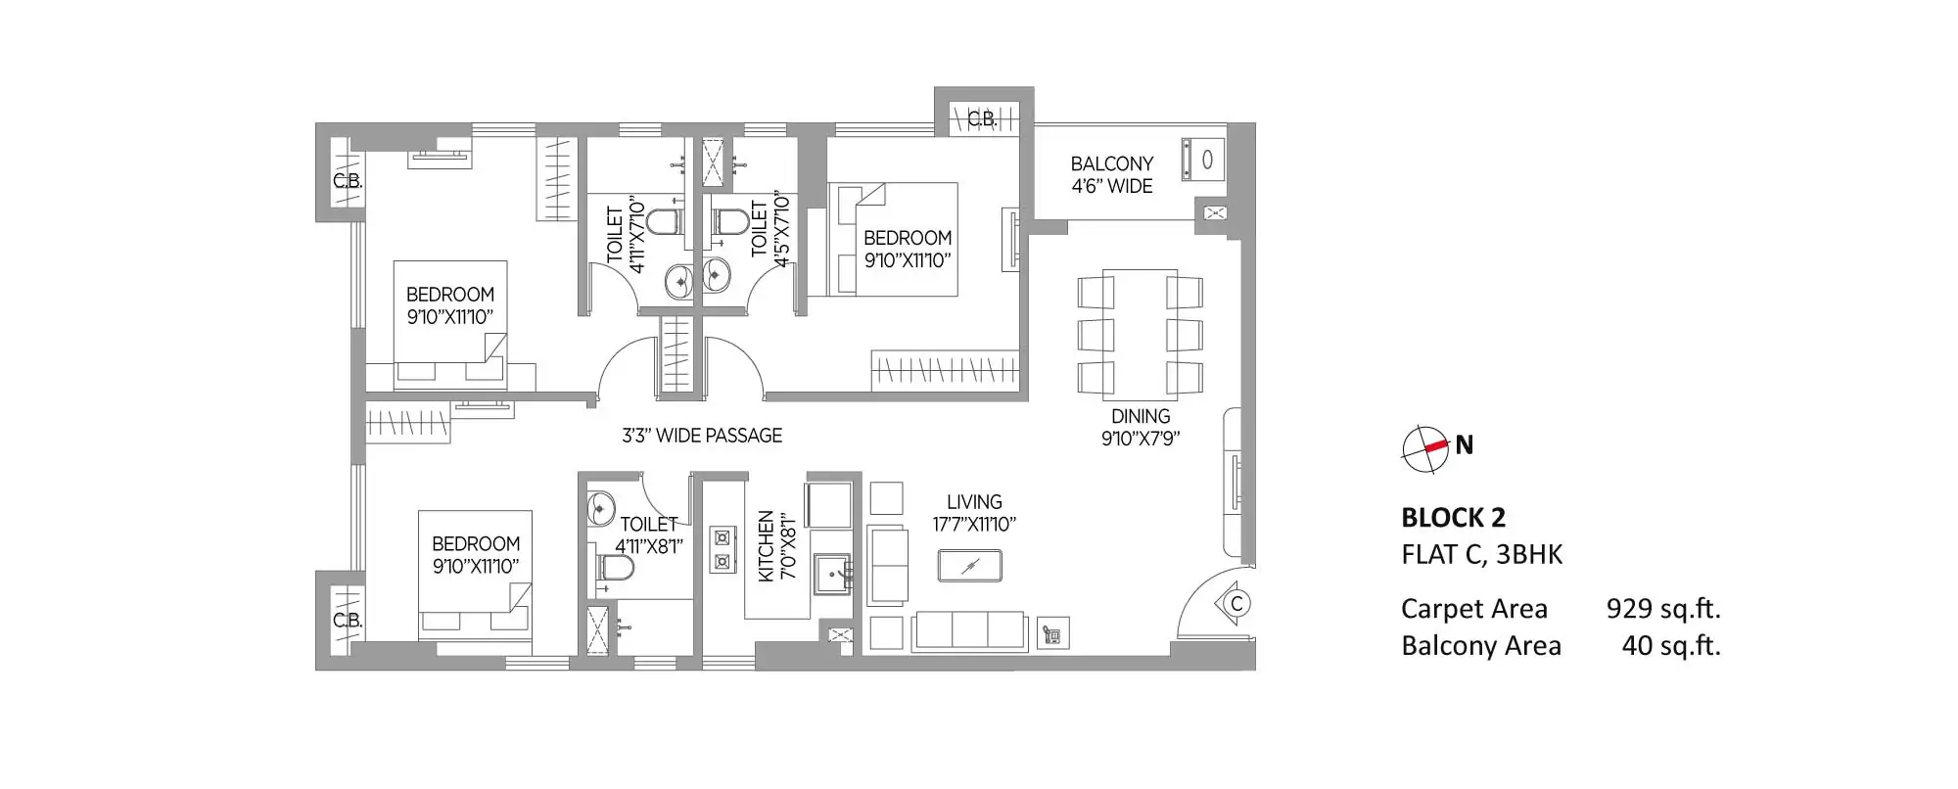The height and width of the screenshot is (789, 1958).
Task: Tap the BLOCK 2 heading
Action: tap(1453, 518)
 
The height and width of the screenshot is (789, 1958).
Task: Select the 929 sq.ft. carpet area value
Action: tap(1662, 609)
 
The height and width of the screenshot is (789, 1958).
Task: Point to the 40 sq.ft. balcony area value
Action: tap(1671, 646)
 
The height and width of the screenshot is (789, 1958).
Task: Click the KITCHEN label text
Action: tap(767, 545)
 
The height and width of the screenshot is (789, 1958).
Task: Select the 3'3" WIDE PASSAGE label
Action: tap(702, 436)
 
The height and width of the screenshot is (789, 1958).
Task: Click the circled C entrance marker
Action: tap(1235, 603)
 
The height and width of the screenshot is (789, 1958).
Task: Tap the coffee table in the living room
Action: tap(970, 566)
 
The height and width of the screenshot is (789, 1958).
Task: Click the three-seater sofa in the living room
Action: tap(968, 631)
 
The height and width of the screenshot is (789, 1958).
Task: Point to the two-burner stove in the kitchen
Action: tap(723, 549)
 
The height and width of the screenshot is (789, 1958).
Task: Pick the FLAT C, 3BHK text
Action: tap(1481, 555)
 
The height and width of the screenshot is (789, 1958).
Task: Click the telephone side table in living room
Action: tap(1053, 634)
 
